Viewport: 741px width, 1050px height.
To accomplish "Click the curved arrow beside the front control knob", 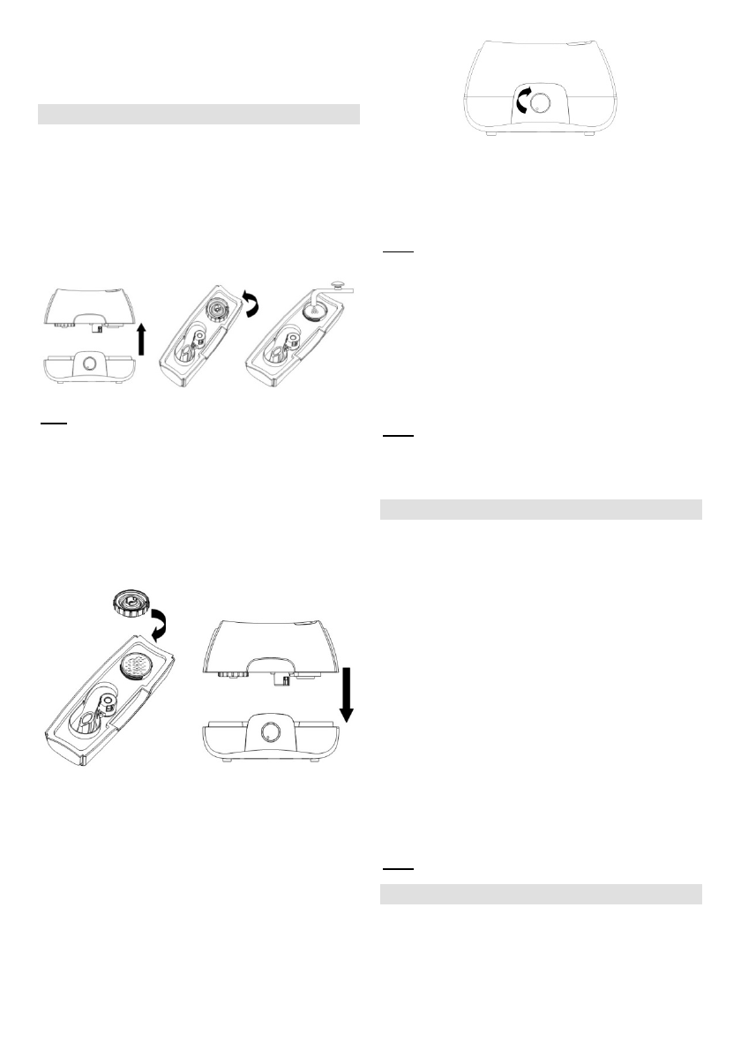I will point(521,104).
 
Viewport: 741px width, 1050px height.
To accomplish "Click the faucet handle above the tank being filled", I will point(338,287).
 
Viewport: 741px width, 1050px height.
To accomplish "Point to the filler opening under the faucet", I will point(312,313).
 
